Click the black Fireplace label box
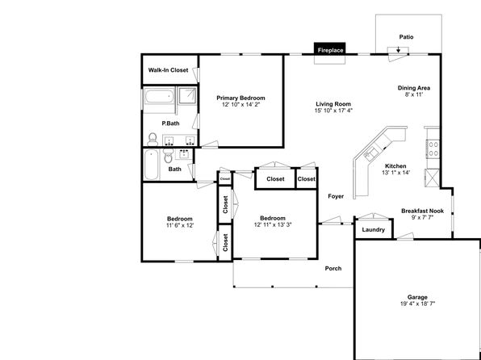tap(330, 50)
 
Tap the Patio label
tap(406, 37)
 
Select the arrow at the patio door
tap(398, 49)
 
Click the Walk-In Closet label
tap(168, 70)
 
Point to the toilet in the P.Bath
tap(153, 140)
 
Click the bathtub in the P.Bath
tap(159, 96)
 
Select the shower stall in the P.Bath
tap(187, 96)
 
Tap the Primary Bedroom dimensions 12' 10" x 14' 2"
tap(240, 104)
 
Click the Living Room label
tap(333, 104)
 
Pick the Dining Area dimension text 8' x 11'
tap(414, 94)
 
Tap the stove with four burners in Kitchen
tap(433, 149)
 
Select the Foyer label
tap(336, 196)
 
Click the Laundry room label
tap(374, 229)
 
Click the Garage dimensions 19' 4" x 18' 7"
tap(417, 303)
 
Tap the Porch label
tap(333, 269)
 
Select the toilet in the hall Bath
tap(168, 156)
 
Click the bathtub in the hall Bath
tap(151, 165)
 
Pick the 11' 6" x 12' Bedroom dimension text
tap(180, 225)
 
